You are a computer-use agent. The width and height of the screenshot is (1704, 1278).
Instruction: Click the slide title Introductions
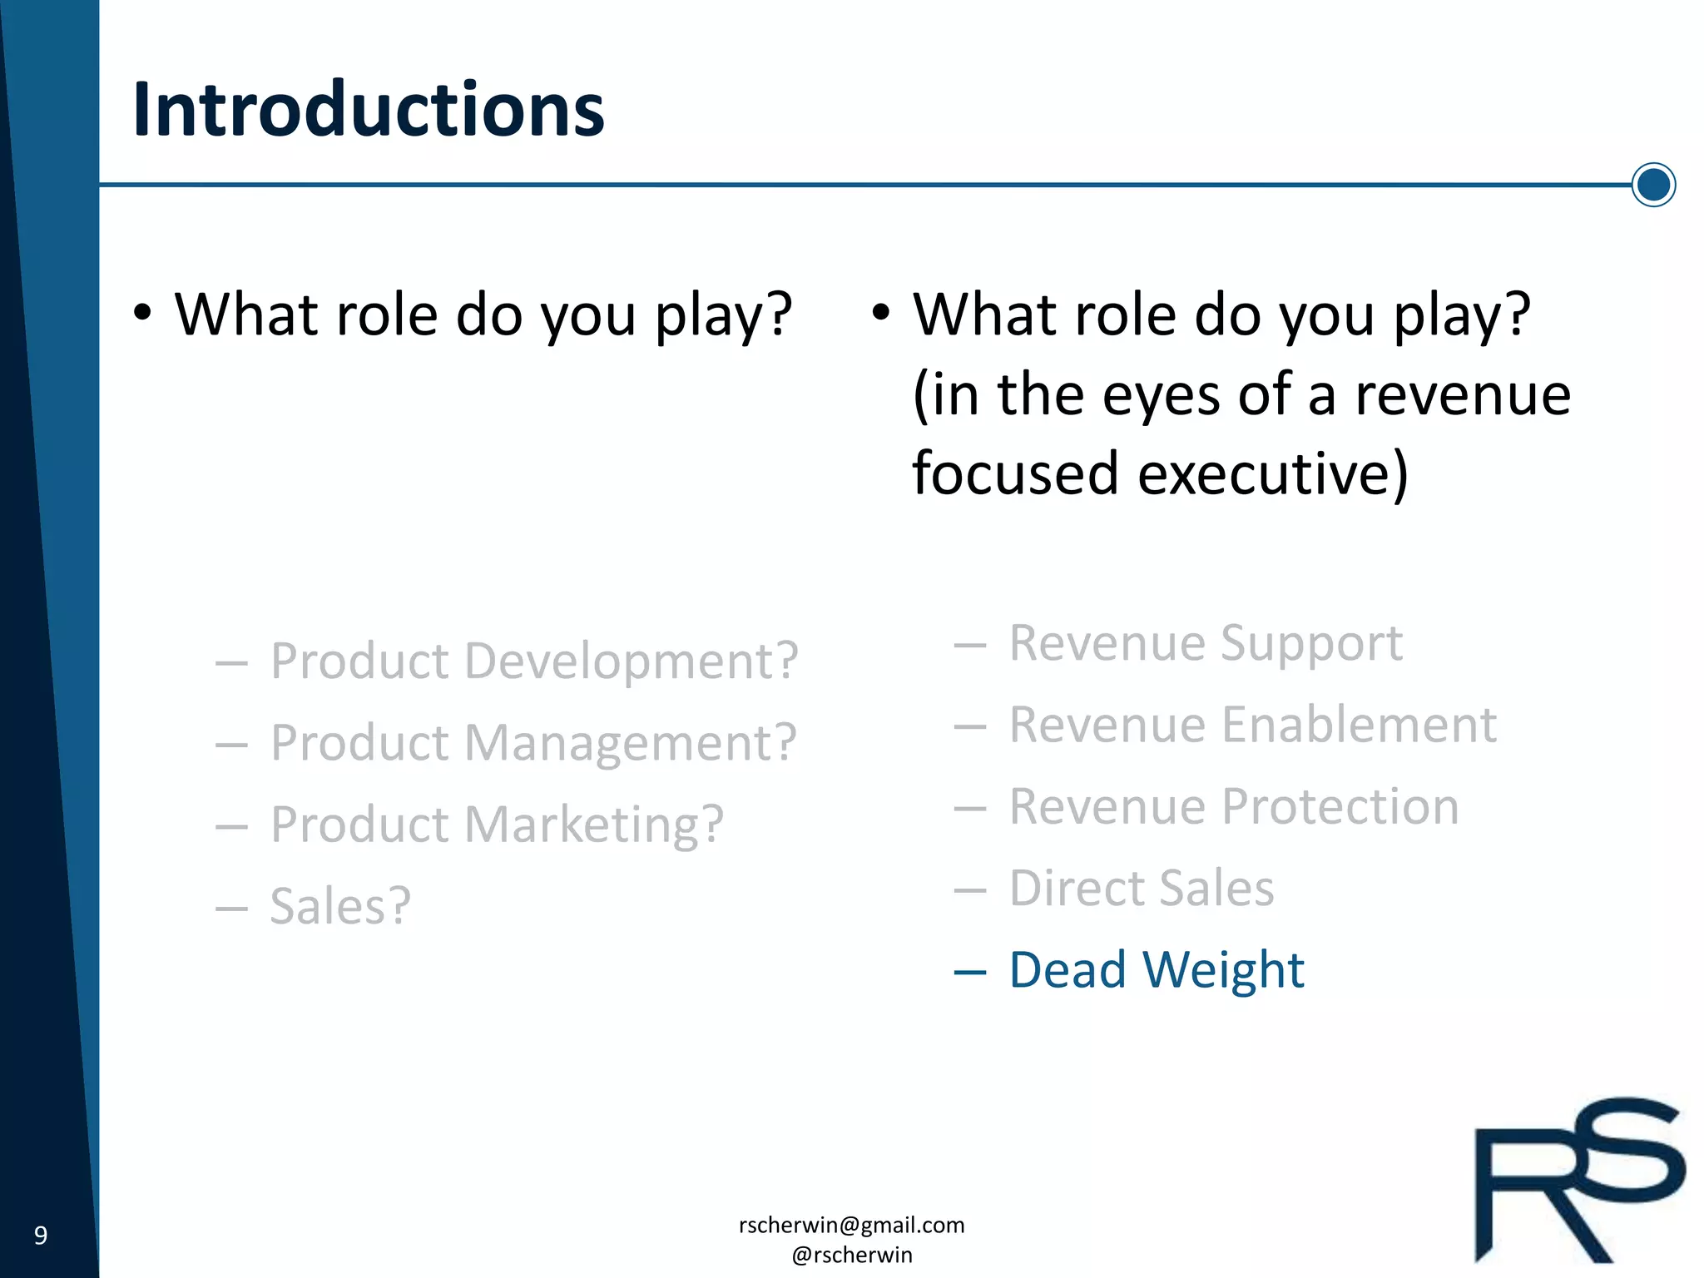pyautogui.click(x=368, y=110)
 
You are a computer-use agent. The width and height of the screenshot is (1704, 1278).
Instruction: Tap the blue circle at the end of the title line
pyautogui.click(x=1653, y=185)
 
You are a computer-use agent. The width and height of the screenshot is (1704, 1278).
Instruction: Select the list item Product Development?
pyautogui.click(x=533, y=661)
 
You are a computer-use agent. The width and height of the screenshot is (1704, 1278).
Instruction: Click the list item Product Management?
pyautogui.click(x=532, y=743)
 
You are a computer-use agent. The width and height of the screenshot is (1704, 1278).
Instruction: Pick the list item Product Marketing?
pyautogui.click(x=497, y=825)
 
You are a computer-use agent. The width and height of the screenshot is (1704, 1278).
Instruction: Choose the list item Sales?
pyautogui.click(x=340, y=906)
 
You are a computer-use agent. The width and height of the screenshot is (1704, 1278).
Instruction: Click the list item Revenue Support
pyautogui.click(x=1206, y=643)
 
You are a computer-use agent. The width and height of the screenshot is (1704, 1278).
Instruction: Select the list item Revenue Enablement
pyautogui.click(x=1252, y=725)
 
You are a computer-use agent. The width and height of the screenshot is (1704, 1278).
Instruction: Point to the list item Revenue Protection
pyautogui.click(x=1233, y=806)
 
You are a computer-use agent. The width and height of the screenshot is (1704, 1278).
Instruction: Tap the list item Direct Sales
pyautogui.click(x=1141, y=888)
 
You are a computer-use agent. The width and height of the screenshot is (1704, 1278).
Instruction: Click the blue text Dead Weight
pyautogui.click(x=1156, y=970)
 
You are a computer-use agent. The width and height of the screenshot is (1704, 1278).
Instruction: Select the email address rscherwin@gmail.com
pyautogui.click(x=851, y=1225)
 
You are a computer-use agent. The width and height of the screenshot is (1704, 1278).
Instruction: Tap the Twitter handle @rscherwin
pyautogui.click(x=851, y=1255)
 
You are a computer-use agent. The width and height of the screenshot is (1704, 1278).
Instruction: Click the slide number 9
pyautogui.click(x=40, y=1236)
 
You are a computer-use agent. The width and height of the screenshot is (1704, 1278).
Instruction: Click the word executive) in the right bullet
pyautogui.click(x=1272, y=474)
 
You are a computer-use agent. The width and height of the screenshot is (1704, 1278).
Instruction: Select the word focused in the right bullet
pyautogui.click(x=1015, y=474)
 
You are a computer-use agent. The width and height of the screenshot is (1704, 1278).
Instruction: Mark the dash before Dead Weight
pyautogui.click(x=969, y=972)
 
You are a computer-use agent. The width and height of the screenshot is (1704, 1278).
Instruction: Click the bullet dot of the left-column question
pyautogui.click(x=142, y=314)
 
